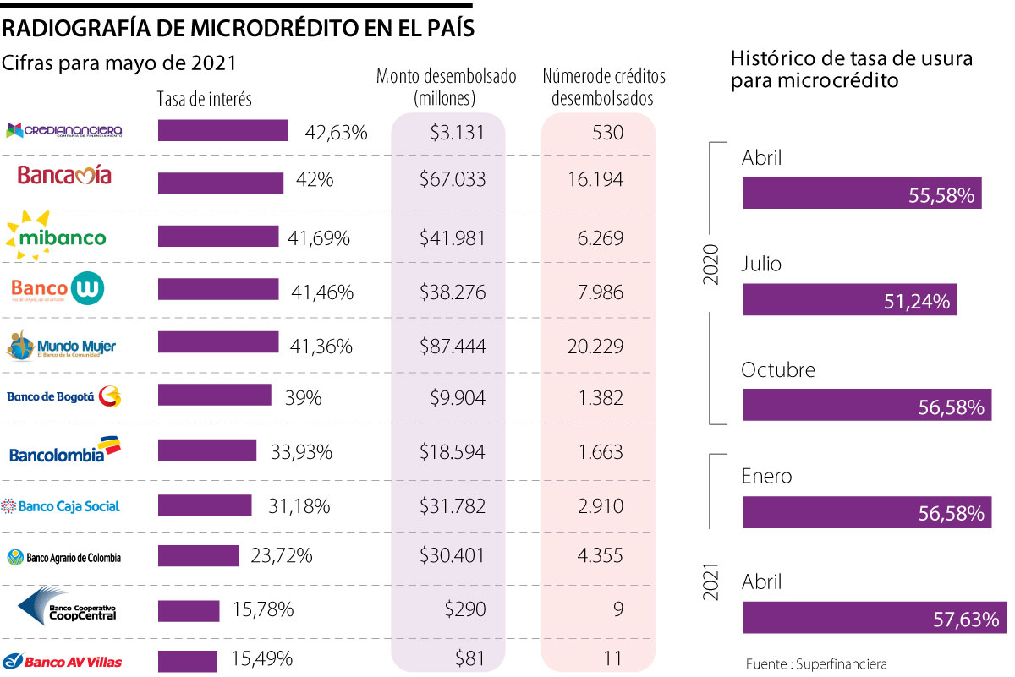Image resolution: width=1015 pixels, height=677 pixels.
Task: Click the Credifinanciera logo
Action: (64, 131)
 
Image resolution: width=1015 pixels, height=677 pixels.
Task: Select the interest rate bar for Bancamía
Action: (221, 183)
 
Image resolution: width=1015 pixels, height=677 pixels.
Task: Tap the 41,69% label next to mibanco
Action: (319, 238)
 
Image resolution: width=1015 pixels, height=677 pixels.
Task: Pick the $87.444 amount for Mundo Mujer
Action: (453, 347)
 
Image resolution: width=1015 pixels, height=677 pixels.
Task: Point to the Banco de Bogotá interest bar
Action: (215, 396)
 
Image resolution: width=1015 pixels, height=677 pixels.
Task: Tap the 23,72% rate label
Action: (282, 556)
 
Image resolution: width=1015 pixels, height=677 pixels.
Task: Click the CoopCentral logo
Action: (67, 607)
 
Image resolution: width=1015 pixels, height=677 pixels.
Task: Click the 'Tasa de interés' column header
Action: (205, 99)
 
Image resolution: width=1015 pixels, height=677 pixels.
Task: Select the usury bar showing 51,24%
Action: (850, 300)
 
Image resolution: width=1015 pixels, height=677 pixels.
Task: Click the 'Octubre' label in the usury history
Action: (778, 370)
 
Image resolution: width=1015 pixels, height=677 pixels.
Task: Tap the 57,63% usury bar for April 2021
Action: (874, 618)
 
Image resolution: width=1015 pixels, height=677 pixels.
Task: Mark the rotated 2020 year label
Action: (711, 265)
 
